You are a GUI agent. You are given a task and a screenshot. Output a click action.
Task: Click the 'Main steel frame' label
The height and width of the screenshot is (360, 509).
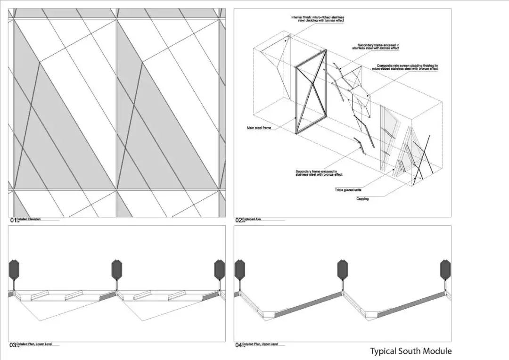coord(259,128)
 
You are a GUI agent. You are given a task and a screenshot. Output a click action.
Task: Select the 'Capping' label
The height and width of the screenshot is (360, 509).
coord(362,199)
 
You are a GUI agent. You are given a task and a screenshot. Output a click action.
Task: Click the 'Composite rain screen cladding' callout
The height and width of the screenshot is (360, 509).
coord(408,67)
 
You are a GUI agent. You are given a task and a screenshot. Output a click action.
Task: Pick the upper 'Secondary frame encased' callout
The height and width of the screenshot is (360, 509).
coord(376,47)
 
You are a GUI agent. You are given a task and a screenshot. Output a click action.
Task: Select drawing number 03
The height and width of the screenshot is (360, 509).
coord(13,345)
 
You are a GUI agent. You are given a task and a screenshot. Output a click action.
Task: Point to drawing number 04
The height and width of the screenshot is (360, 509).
coord(238,345)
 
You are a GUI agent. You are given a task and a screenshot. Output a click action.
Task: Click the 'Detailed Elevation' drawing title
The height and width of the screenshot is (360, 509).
coord(28,219)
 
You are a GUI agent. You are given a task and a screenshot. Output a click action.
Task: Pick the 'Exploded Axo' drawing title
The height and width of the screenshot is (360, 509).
coord(251,219)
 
